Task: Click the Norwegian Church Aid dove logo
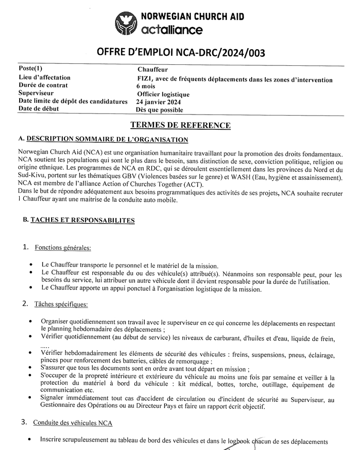point(127,24)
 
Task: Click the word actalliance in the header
point(172,30)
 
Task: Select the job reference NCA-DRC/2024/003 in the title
point(222,53)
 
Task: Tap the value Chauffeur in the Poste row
point(152,69)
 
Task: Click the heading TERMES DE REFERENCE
point(180,125)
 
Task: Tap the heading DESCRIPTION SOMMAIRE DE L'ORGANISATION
point(107,139)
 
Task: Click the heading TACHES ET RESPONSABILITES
point(82,220)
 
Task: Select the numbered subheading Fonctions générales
point(63,248)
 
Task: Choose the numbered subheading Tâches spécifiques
point(61,304)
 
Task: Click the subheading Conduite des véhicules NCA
point(73,423)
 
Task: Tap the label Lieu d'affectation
point(44,78)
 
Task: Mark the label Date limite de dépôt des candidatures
point(72,101)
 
